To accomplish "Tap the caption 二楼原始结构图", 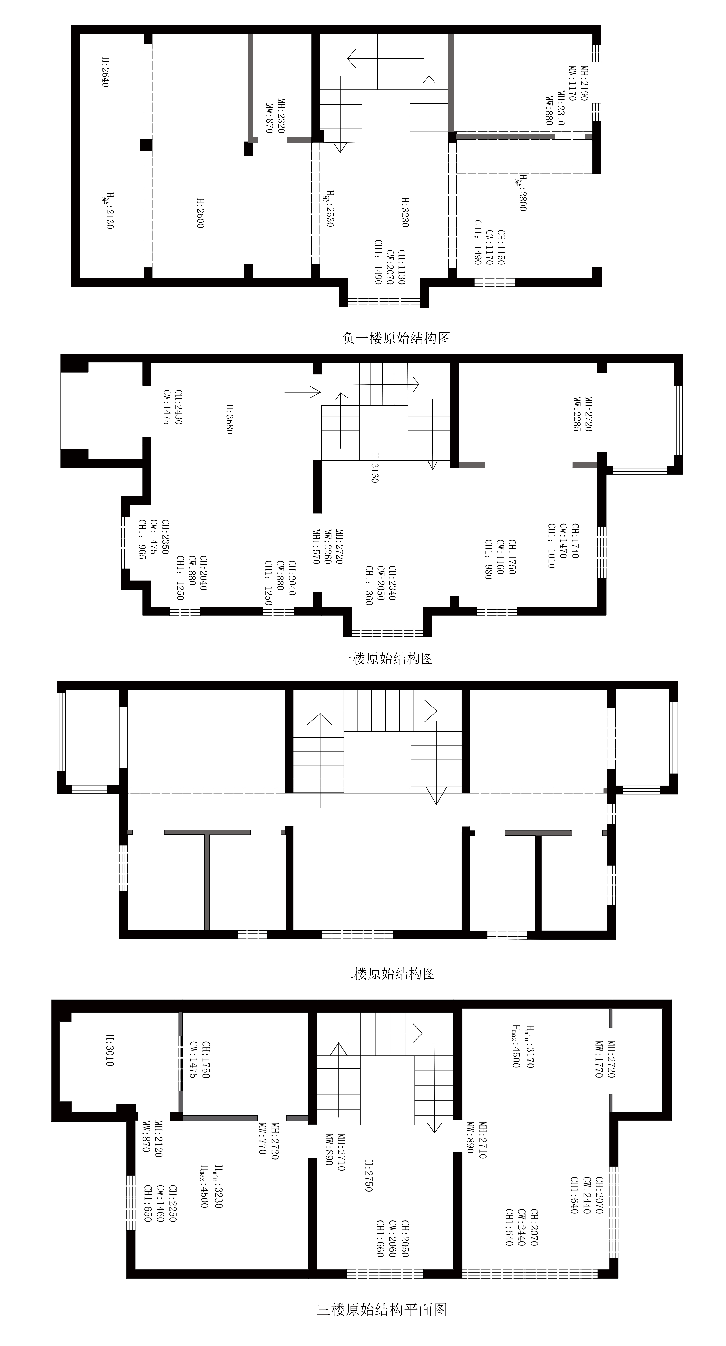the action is (x=388, y=973).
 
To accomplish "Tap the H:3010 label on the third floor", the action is (x=110, y=1050).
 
